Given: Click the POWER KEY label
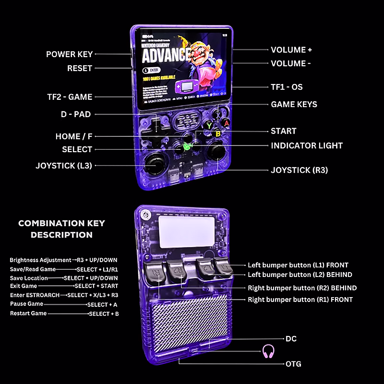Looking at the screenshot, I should point(69,54).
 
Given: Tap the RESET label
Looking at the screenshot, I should point(79,68).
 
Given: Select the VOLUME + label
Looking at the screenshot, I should point(291,49).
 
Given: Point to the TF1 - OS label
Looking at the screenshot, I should point(287,87).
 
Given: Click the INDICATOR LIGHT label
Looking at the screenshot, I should point(307,145).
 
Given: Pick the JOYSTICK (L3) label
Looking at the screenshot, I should point(63,166).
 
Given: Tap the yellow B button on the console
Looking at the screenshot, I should point(217,134).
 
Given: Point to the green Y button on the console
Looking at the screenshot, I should point(209,126).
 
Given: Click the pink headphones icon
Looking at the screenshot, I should point(268,351).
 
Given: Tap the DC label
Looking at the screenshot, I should point(291,338).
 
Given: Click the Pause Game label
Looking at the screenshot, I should point(26,304).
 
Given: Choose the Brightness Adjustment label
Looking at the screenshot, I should point(39,260).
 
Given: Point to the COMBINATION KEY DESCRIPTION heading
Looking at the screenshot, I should point(61,229).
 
